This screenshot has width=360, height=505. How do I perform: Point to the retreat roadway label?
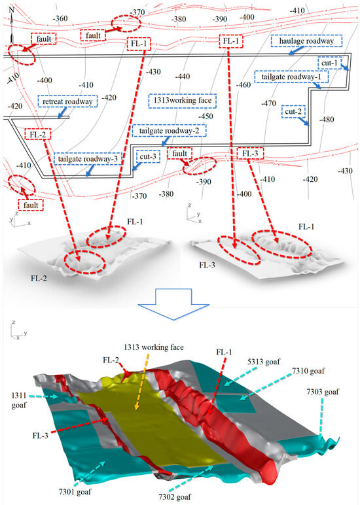point(68,102)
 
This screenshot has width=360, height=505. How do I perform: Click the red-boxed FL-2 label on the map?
point(37,135)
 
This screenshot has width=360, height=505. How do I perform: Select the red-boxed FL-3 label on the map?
point(253,154)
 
